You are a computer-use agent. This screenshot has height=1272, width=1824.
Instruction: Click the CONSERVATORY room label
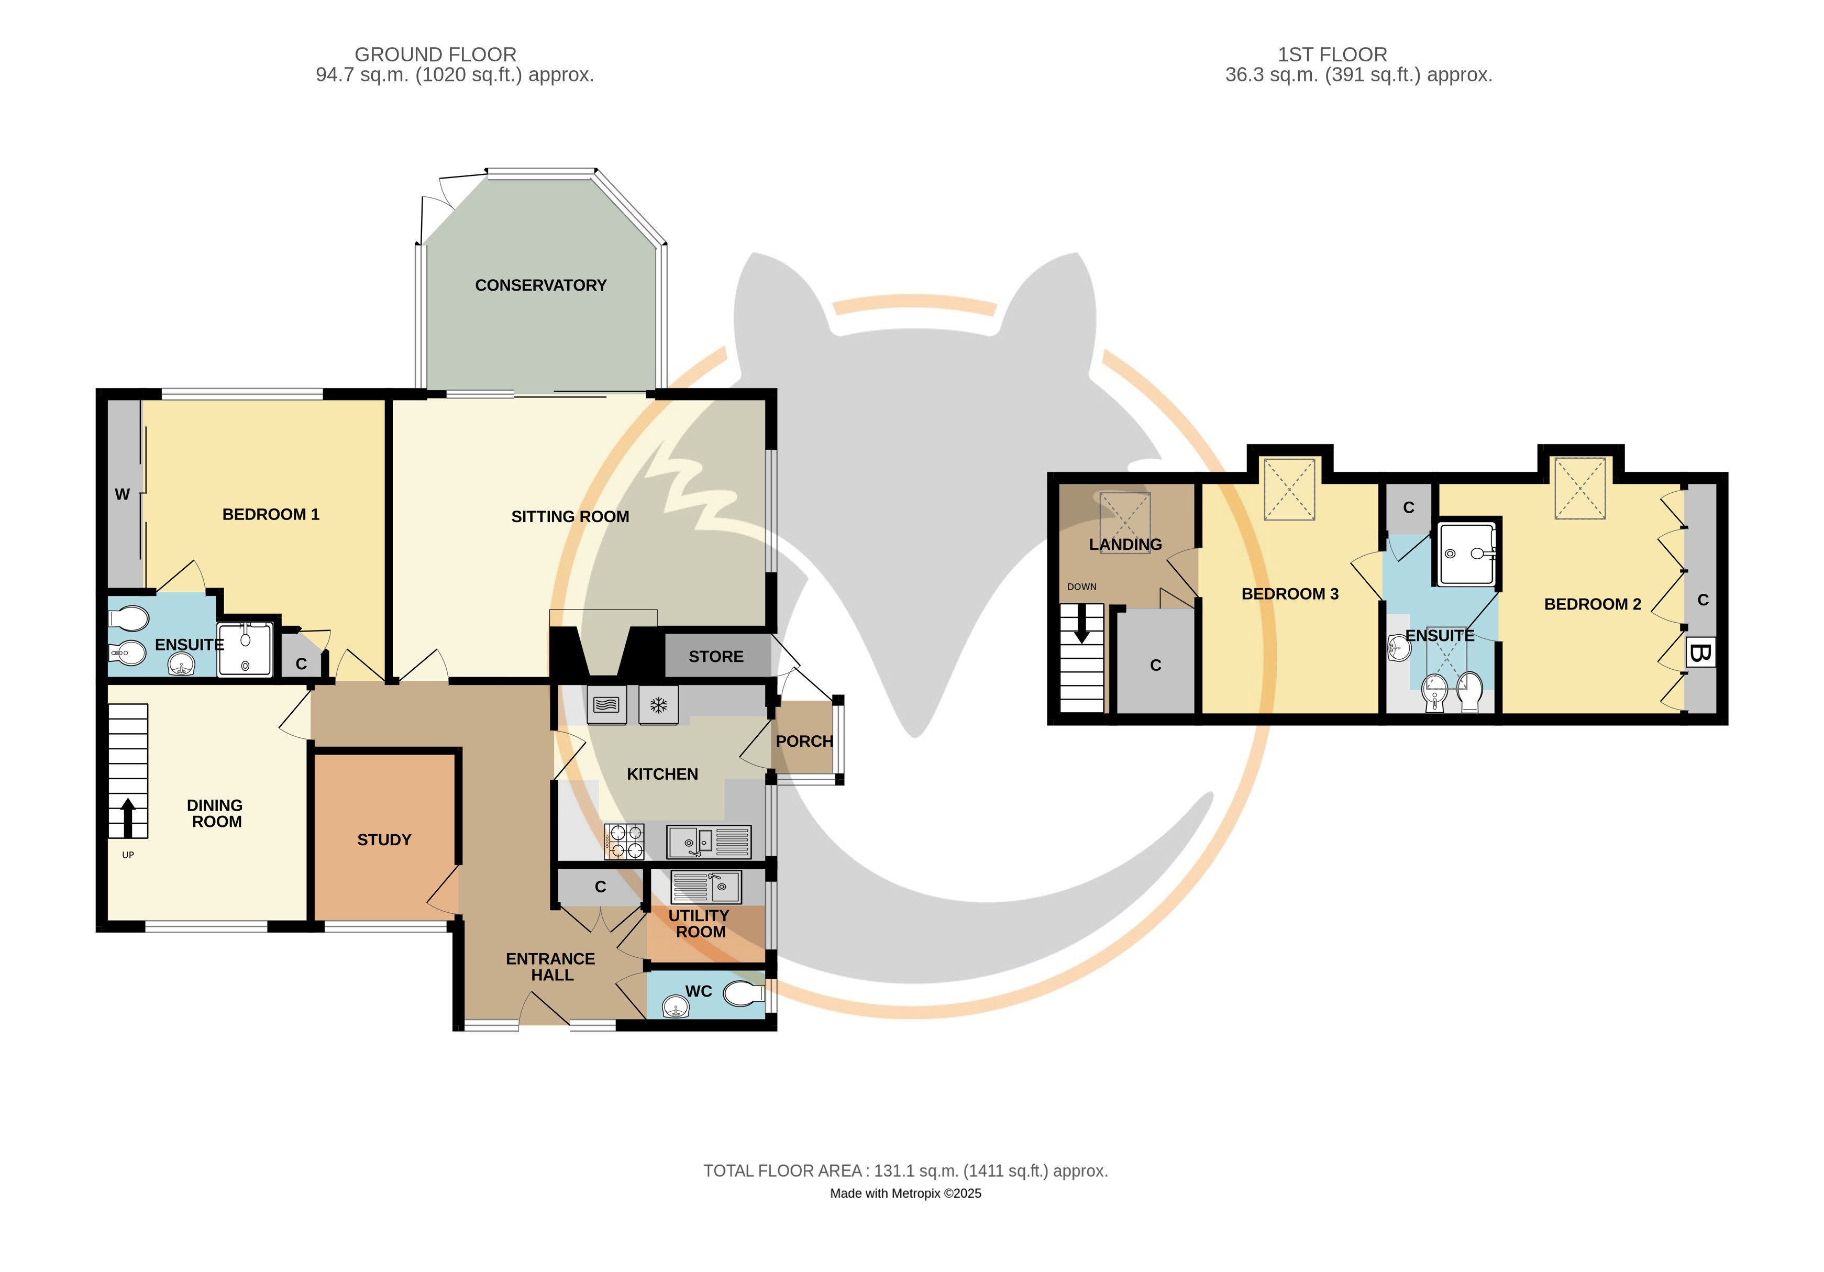(540, 285)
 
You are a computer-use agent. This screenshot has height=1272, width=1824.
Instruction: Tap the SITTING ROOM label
(570, 516)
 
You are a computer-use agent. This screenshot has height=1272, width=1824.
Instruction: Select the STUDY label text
(384, 840)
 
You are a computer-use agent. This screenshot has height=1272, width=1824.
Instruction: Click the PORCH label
(804, 742)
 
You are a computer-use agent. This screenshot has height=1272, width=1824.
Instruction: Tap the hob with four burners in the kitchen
(624, 842)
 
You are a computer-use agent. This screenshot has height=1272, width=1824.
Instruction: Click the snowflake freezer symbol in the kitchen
(659, 705)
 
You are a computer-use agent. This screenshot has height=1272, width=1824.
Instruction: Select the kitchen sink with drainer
(709, 842)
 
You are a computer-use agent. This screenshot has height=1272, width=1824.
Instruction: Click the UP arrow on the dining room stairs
(128, 817)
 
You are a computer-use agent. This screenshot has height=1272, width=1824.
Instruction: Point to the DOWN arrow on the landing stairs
(1081, 625)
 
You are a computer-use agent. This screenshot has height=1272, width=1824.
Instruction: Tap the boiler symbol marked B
(1700, 653)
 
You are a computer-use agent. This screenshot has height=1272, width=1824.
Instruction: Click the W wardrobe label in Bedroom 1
(123, 494)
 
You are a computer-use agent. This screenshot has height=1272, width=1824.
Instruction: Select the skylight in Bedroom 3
(1289, 490)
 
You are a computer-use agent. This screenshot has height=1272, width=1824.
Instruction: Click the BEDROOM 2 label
(1592, 604)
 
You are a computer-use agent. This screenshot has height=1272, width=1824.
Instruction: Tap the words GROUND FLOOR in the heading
(435, 55)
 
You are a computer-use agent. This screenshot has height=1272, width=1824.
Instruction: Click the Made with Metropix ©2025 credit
(905, 1193)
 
